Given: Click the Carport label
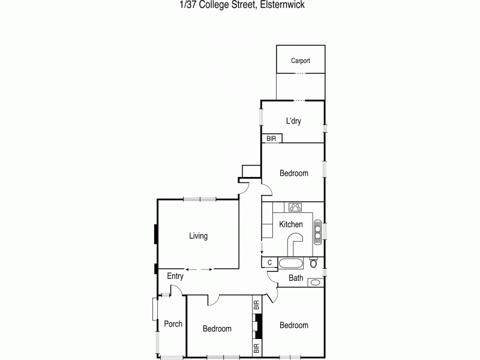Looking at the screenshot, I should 301,61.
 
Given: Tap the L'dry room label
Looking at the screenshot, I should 293,121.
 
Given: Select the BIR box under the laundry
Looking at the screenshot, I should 271,138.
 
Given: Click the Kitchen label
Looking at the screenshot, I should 291,224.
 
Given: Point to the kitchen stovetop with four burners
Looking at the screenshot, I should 295,207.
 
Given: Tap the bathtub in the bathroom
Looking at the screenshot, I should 292,263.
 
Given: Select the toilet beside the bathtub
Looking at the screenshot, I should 314,263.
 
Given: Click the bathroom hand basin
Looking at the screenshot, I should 314,282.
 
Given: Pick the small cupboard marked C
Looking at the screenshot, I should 269,262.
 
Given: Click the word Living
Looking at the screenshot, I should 198,236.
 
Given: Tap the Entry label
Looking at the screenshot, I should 175,277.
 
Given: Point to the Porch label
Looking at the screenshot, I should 173,324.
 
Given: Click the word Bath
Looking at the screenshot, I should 296,278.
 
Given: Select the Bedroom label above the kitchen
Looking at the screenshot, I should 294,173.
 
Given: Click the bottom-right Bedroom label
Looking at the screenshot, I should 294,325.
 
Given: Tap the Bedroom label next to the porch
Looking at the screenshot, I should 217,328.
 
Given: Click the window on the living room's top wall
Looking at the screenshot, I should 200,199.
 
